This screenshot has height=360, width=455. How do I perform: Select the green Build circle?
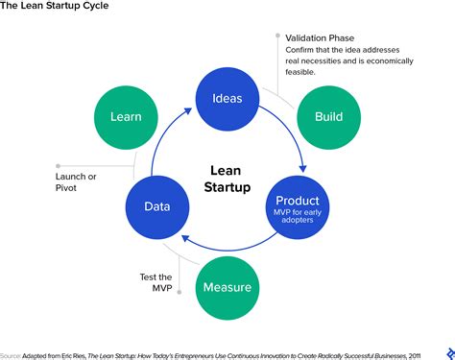[328, 117]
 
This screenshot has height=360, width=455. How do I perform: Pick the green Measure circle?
[227, 287]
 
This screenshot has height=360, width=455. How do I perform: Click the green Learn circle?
[126, 117]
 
